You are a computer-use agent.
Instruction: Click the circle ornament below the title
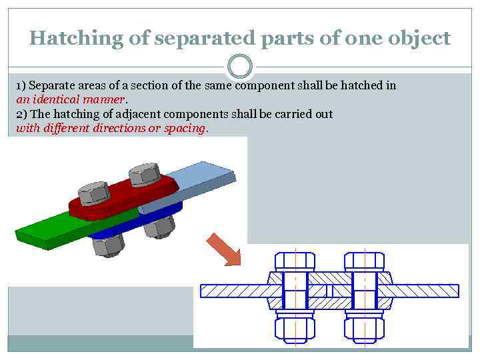tap(240, 66)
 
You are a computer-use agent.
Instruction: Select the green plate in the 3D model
tap(53, 230)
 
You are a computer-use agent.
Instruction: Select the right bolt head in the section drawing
tap(364, 261)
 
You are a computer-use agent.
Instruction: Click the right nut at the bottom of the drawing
tap(364, 328)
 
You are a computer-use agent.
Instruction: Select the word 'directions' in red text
tap(120, 128)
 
